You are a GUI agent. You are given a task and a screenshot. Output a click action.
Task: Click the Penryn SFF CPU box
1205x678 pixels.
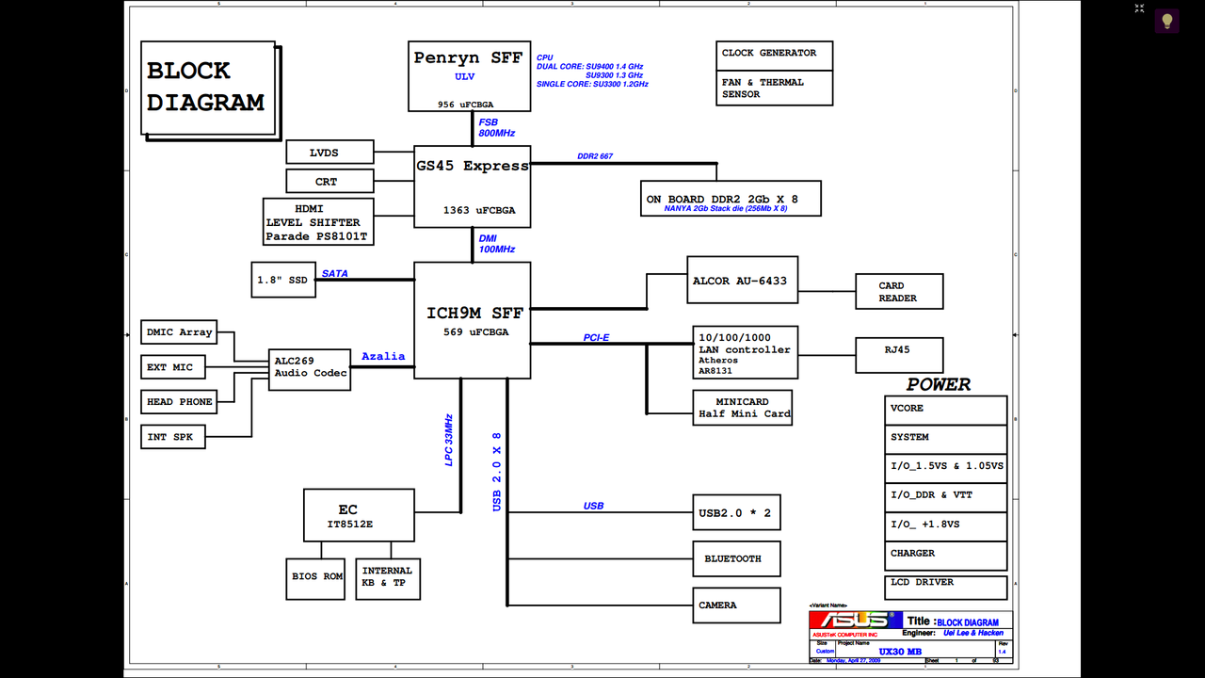(x=468, y=76)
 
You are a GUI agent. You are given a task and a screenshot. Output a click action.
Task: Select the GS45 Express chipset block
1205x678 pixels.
(x=473, y=186)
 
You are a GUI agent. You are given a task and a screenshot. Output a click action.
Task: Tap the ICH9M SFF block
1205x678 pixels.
(x=473, y=320)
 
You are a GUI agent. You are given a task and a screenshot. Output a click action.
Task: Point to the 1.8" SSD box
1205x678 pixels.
(x=283, y=280)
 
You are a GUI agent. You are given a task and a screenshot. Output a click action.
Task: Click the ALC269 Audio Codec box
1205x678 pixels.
(x=310, y=367)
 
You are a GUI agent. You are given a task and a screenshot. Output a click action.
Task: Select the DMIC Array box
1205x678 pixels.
(x=178, y=332)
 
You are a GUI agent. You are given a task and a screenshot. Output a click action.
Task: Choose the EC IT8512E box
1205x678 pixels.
(x=359, y=515)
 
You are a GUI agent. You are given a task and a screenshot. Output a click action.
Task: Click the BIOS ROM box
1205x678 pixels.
(x=317, y=576)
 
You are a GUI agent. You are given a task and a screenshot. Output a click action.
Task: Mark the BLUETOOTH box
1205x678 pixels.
(x=736, y=559)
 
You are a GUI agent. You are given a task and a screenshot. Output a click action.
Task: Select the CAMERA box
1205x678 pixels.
(x=736, y=605)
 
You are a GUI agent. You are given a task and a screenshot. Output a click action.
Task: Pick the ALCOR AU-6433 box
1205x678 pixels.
(x=742, y=280)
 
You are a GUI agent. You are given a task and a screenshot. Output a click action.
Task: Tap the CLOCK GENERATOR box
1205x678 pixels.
(x=774, y=54)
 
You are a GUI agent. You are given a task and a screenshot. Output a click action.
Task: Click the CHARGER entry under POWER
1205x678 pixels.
(x=946, y=555)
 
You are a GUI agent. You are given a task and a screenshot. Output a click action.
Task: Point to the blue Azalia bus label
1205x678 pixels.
(x=383, y=356)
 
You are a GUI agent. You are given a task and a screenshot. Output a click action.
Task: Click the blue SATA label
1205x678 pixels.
(x=335, y=274)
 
